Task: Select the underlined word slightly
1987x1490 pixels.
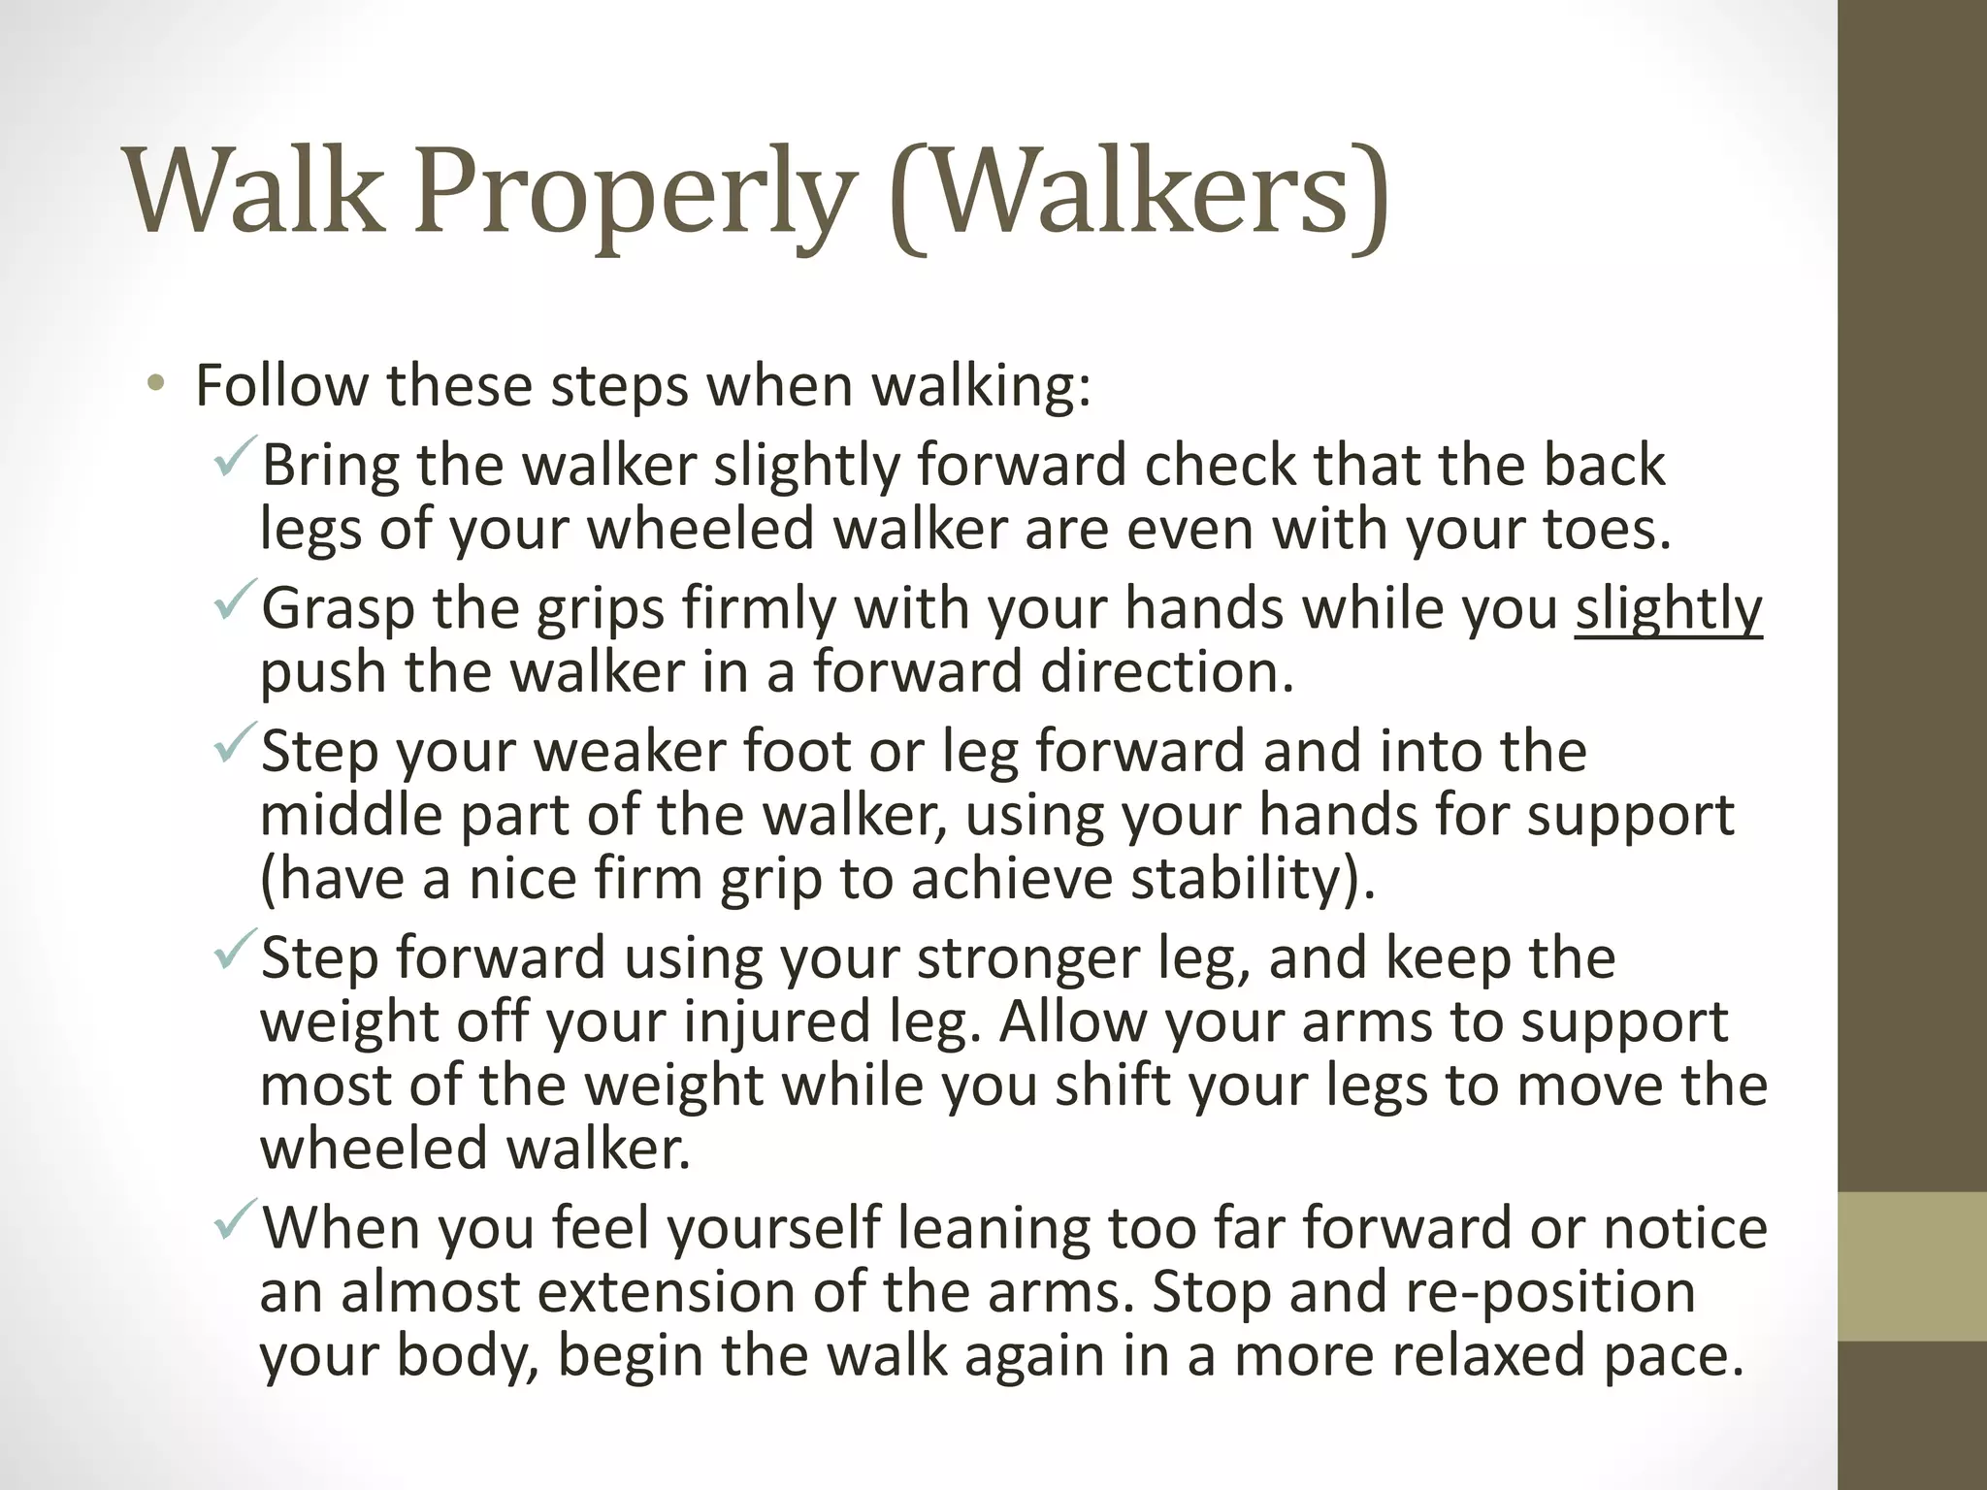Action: [1668, 609]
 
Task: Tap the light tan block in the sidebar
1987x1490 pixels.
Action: [1912, 1267]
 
